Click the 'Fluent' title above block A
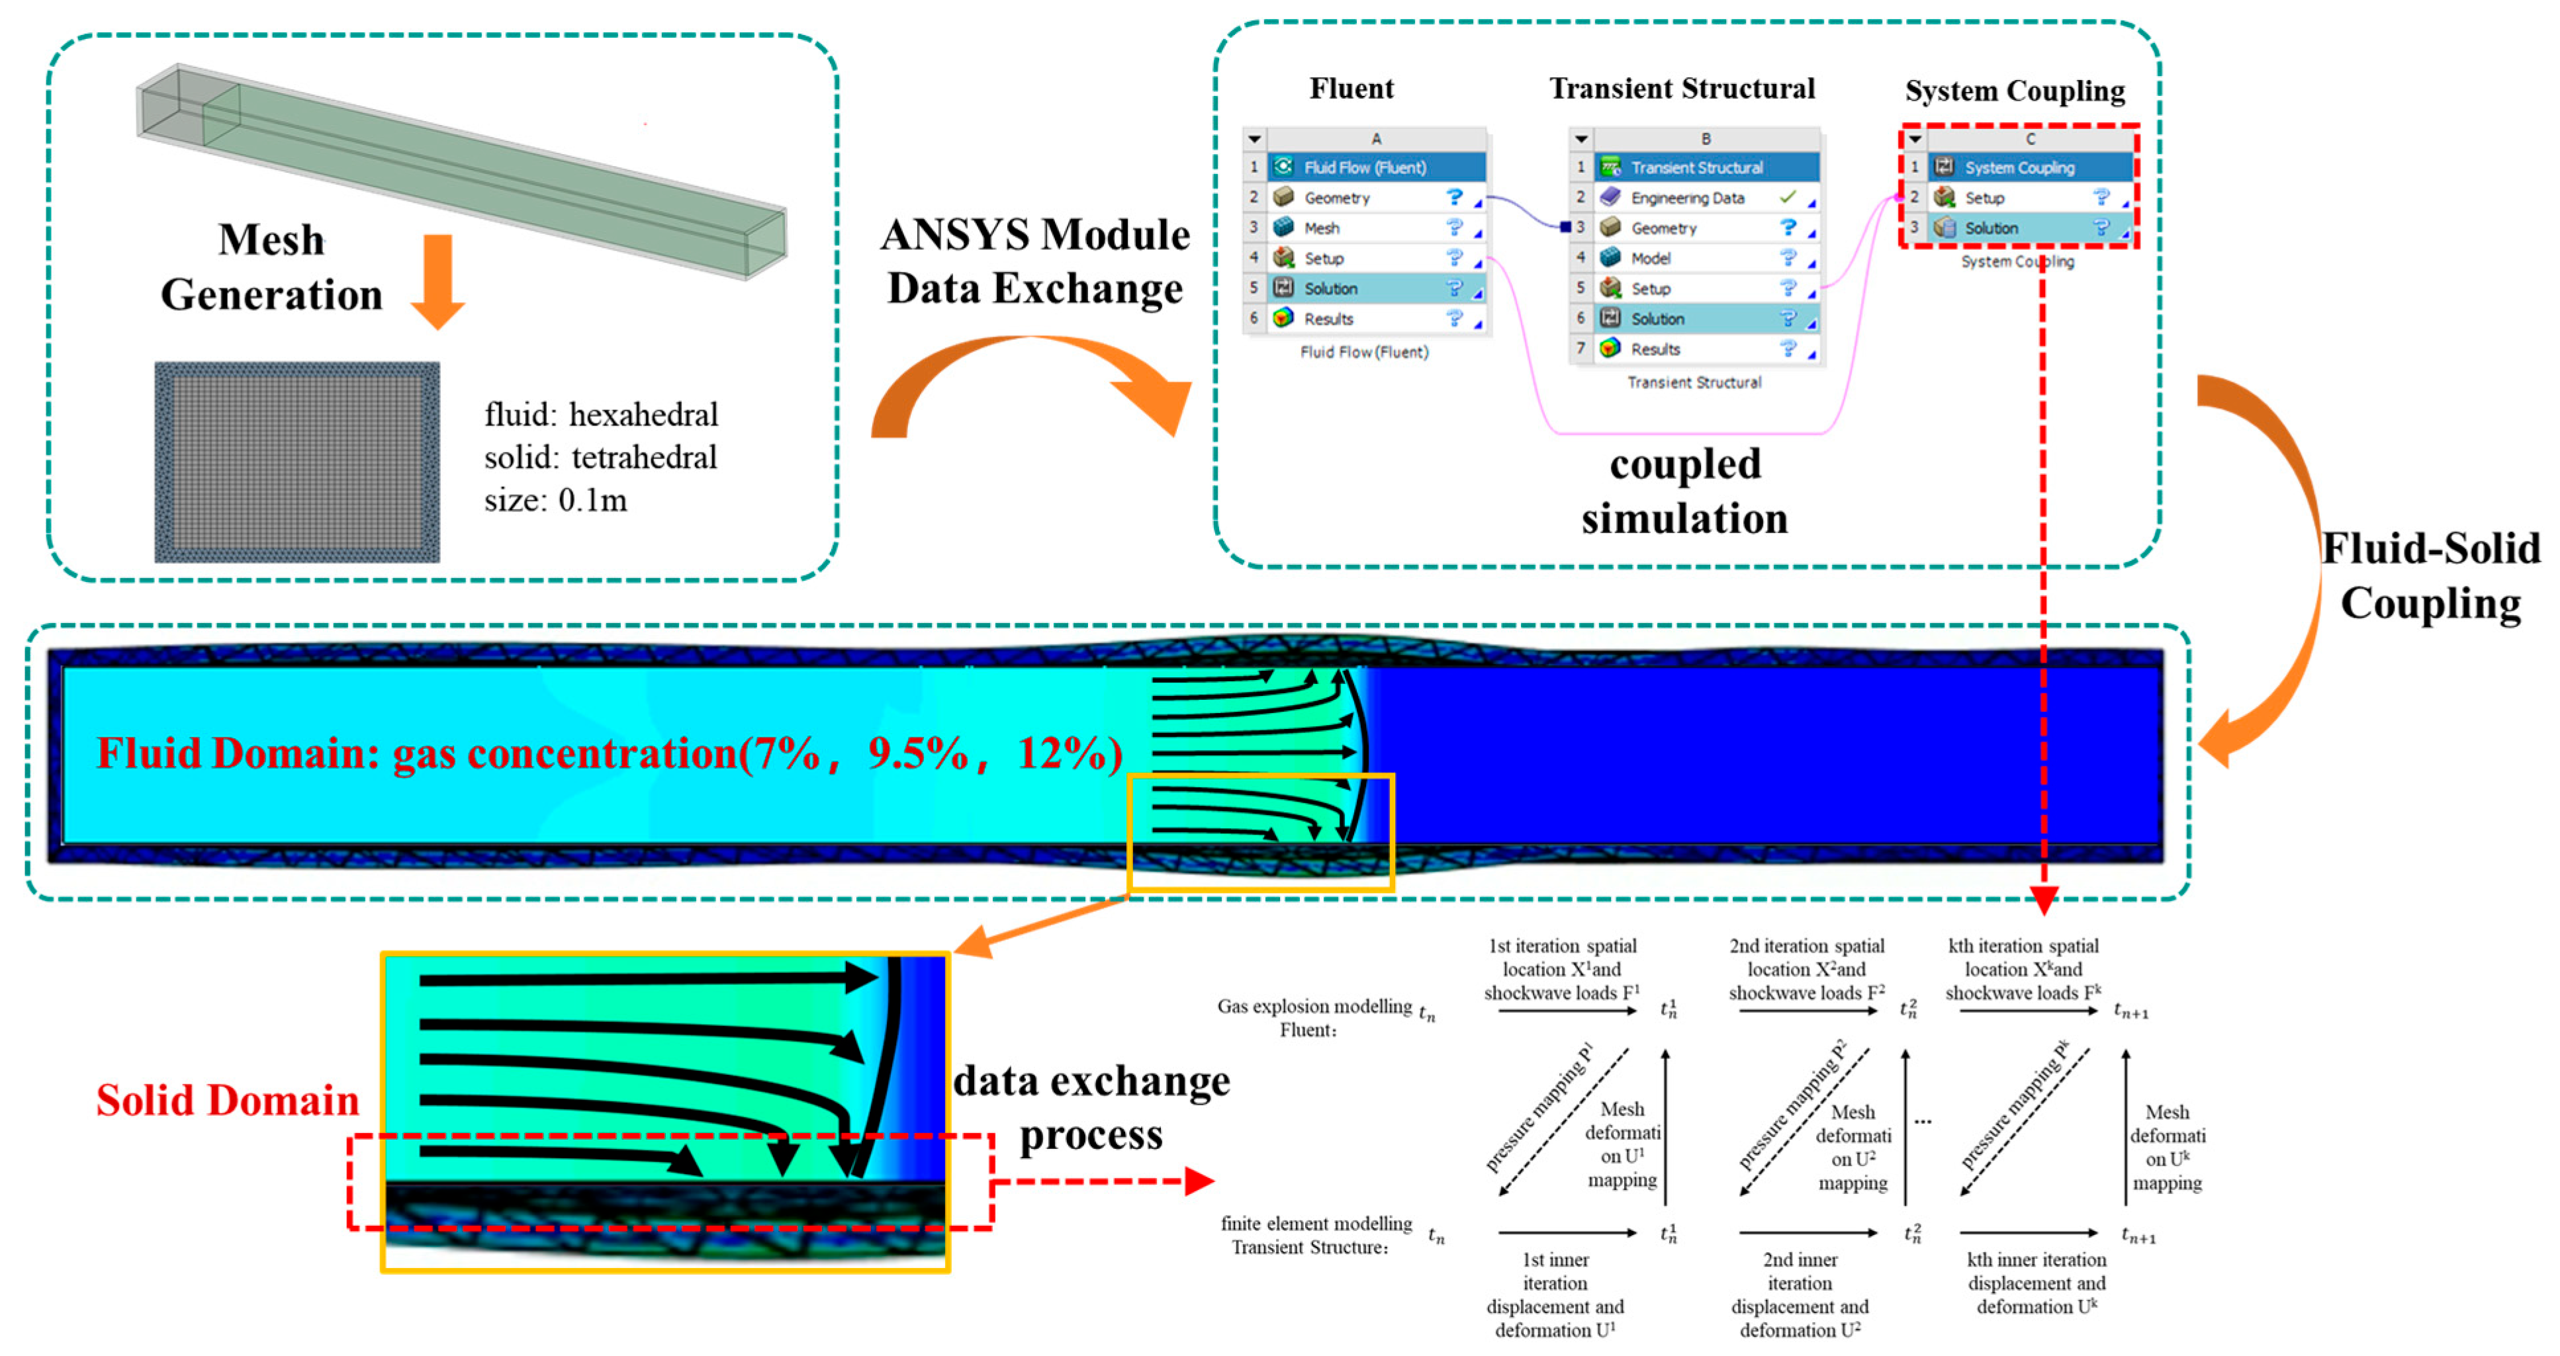pyautogui.click(x=1351, y=89)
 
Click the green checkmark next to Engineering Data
pyautogui.click(x=1787, y=196)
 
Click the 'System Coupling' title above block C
pyautogui.click(x=2015, y=91)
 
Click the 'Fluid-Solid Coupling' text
pyautogui.click(x=2430, y=575)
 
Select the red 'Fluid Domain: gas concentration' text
pyautogui.click(x=608, y=753)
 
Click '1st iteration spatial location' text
pyautogui.click(x=1561, y=968)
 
